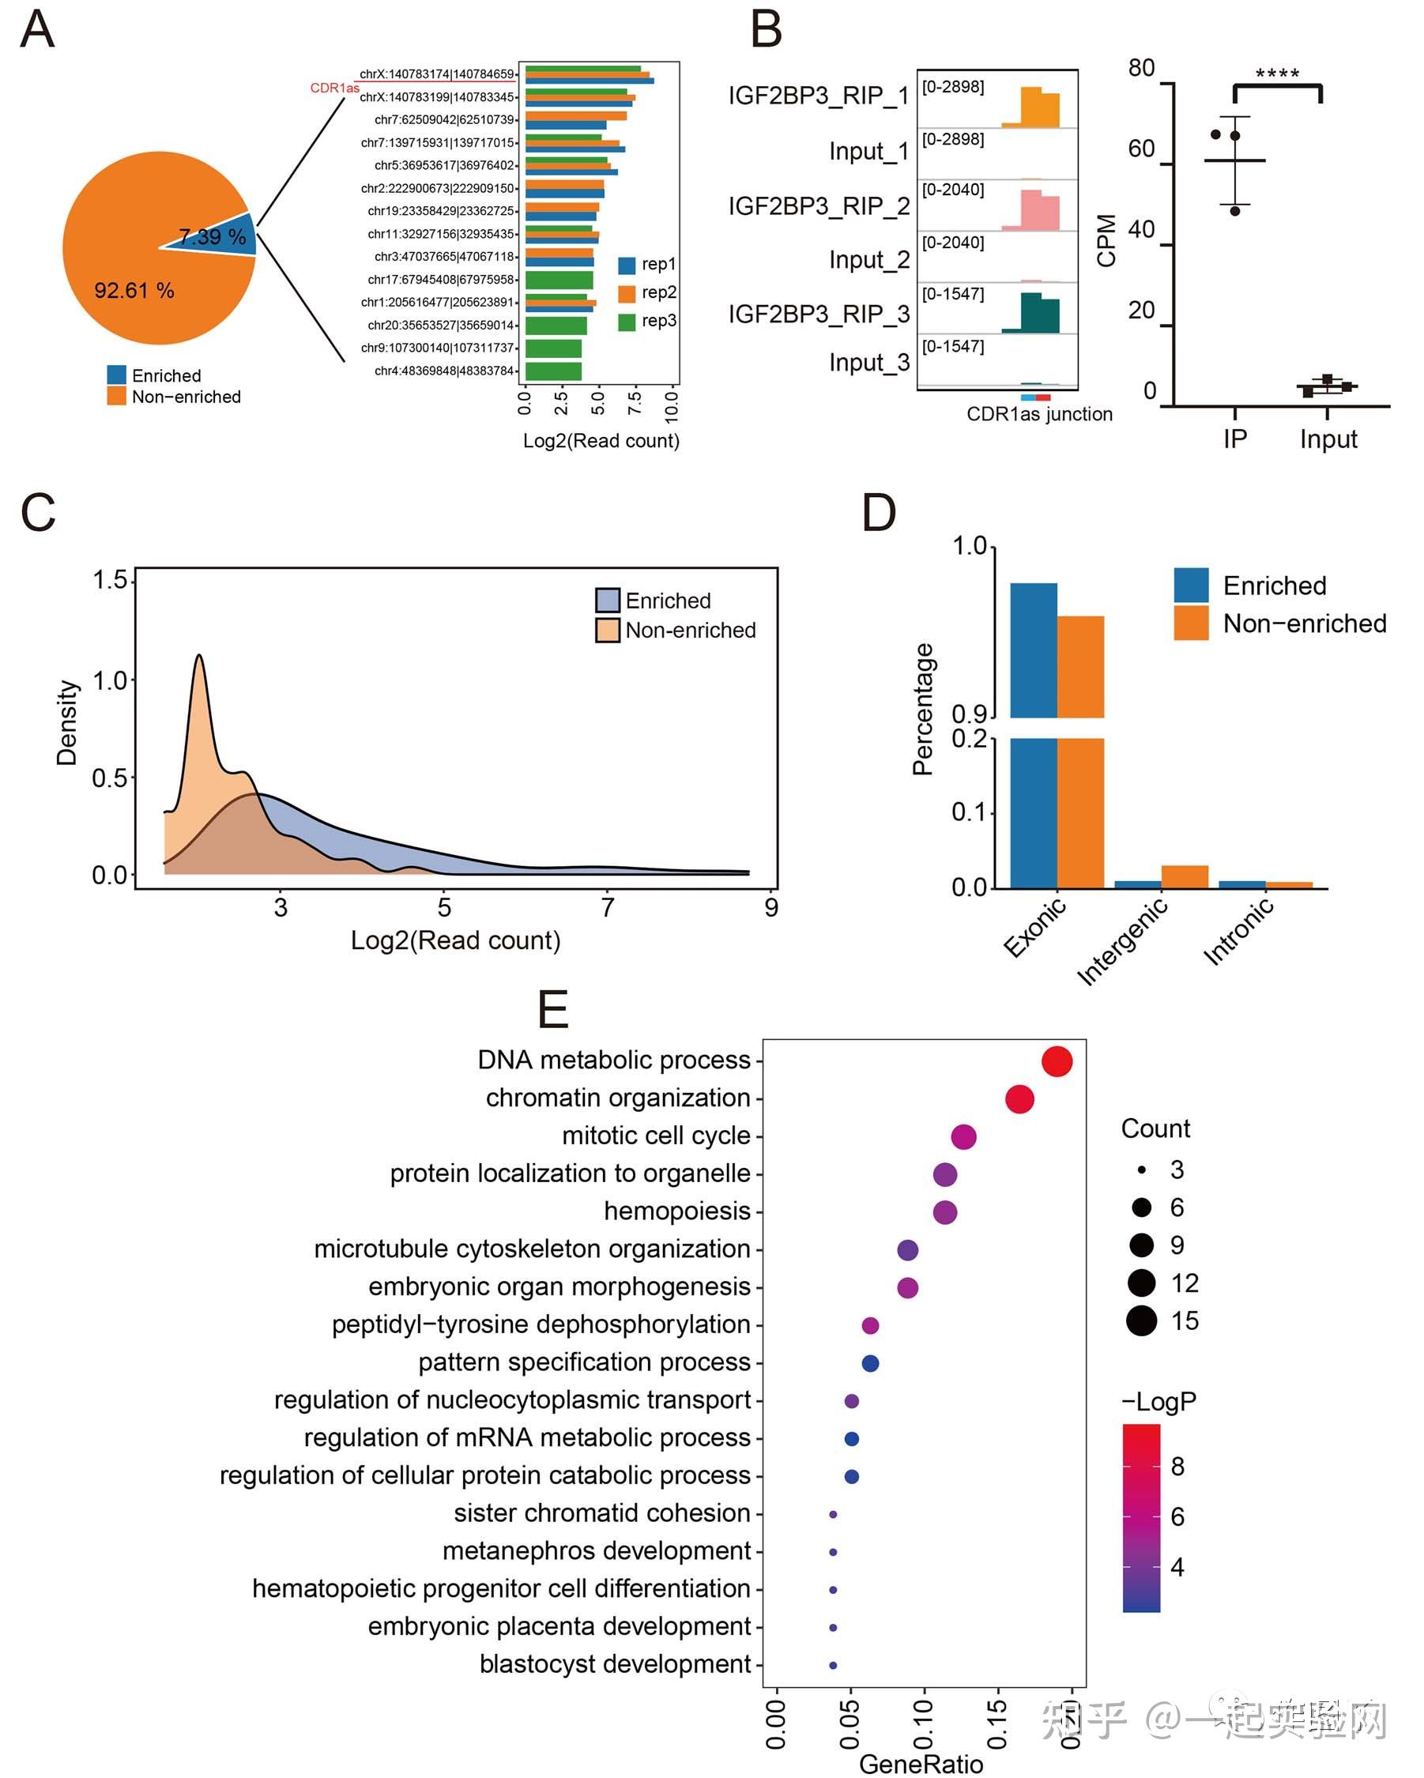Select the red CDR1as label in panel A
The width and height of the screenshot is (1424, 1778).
334,89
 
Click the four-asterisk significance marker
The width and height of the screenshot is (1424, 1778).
1276,75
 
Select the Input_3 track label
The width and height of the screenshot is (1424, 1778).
869,363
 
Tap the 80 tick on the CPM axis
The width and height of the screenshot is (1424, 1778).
1141,69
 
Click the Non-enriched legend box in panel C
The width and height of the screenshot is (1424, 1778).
608,630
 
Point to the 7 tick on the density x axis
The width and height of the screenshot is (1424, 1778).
608,908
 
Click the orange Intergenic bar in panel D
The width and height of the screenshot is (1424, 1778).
1184,876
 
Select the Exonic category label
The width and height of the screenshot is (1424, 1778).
1035,929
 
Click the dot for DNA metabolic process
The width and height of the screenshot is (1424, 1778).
1057,1061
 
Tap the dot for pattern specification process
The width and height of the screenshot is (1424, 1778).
870,1363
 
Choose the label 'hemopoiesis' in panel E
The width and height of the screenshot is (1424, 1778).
677,1211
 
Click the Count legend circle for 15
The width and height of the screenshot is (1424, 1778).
1141,1321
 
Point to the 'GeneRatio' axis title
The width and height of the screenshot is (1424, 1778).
921,1764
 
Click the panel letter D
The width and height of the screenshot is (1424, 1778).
879,513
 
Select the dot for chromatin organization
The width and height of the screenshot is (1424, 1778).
1019,1099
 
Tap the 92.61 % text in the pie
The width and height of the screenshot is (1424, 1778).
134,290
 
